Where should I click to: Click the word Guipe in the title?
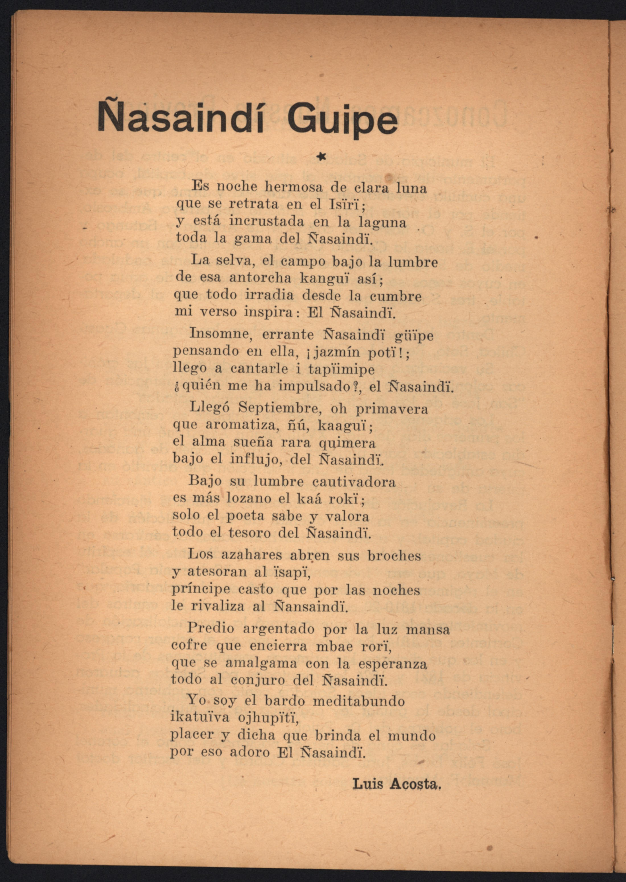coord(342,120)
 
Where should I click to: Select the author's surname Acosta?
coord(415,784)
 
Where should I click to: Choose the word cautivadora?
coord(353,482)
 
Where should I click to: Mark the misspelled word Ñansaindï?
coord(311,607)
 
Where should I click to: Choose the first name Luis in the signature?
coord(368,784)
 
